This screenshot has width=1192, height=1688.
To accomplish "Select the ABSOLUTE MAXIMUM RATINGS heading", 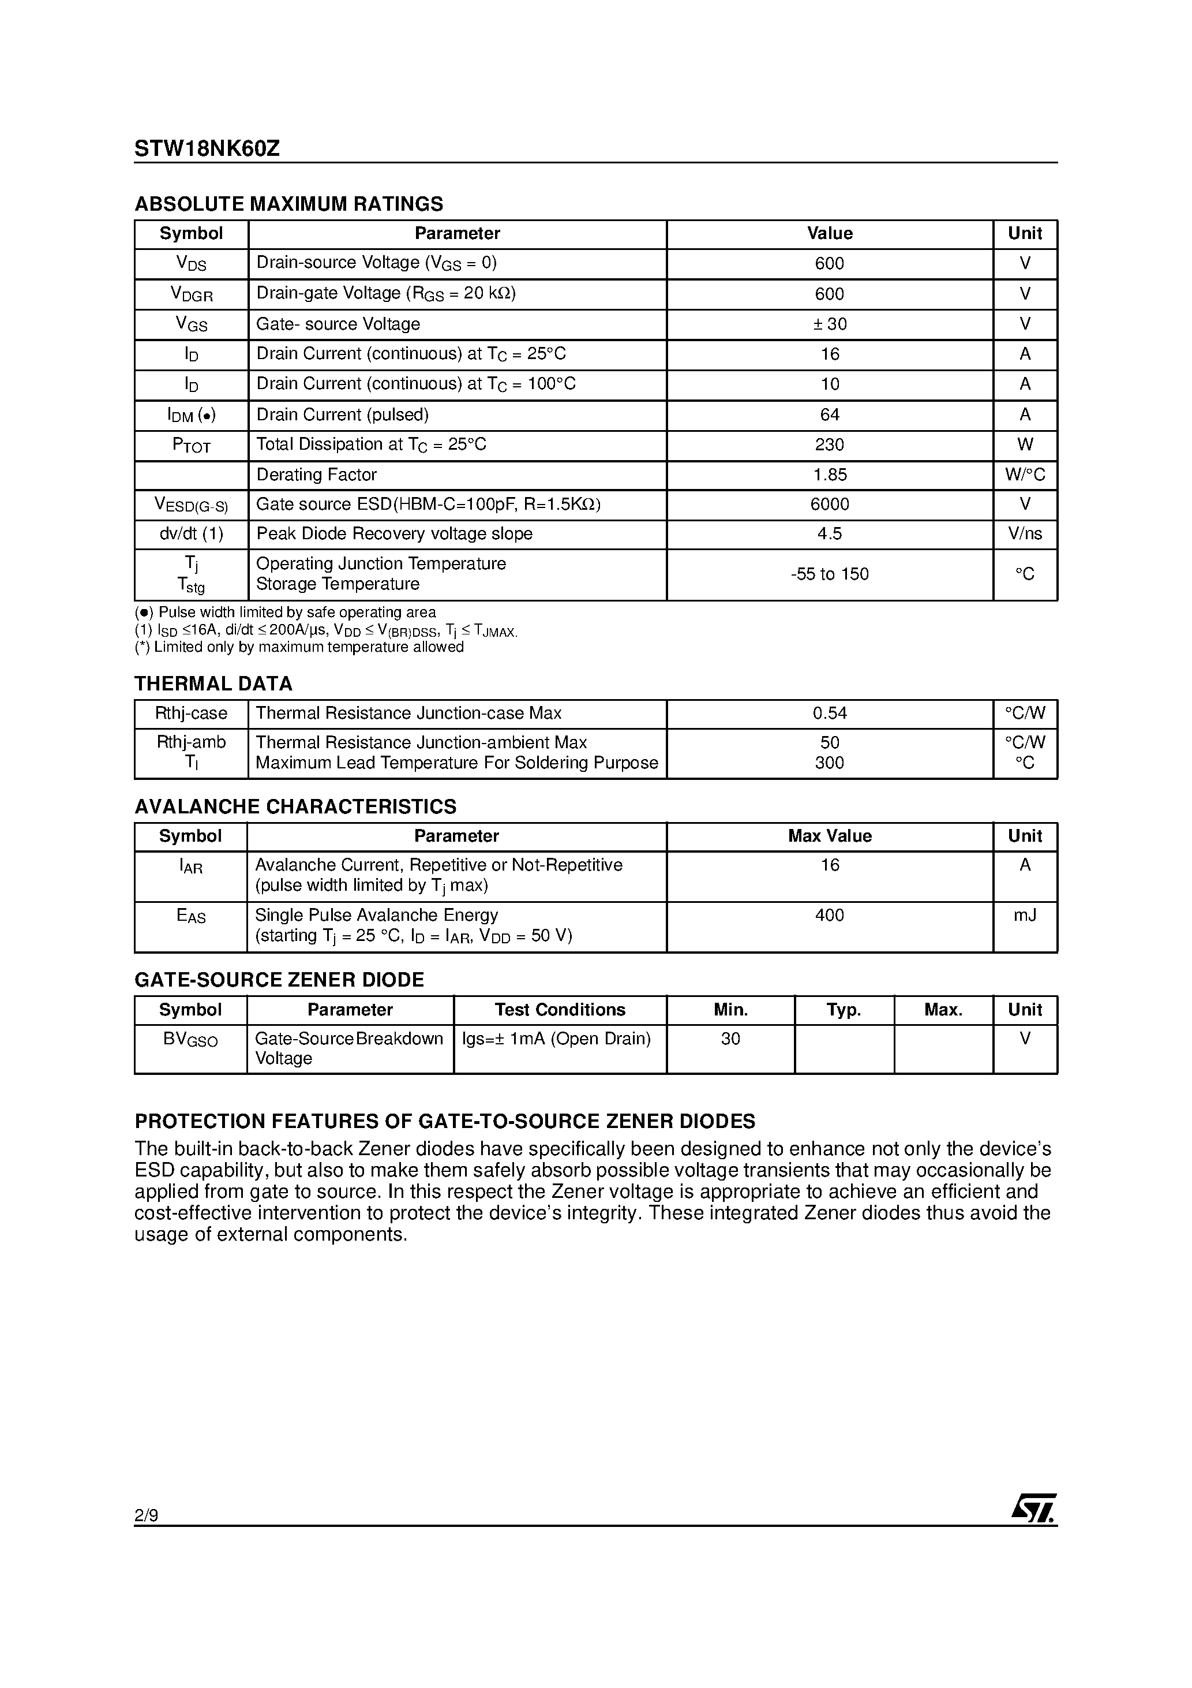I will coord(289,204).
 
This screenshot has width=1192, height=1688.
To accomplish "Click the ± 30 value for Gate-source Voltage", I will coord(829,324).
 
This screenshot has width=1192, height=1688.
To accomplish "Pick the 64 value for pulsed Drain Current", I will coord(829,414).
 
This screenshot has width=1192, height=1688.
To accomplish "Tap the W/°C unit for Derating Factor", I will coord(1025,475).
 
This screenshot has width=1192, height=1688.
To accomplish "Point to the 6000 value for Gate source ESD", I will coord(829,505).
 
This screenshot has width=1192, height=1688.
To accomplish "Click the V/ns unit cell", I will coord(1025,534).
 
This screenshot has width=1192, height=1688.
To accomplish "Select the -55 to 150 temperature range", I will coord(829,574).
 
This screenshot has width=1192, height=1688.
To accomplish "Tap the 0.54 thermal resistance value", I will coord(829,713).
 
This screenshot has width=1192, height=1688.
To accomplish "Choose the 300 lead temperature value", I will coord(829,763).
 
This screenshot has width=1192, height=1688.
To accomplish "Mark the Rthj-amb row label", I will coord(191,742).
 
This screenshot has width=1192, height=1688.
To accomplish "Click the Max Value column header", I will coord(829,836).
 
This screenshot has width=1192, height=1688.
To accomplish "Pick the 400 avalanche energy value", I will coord(829,916).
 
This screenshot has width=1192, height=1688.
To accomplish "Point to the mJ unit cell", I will coord(1025,916).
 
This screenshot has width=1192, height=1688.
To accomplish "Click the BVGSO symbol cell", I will coord(190,1040).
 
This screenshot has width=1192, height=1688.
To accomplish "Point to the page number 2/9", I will coord(146,1515).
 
